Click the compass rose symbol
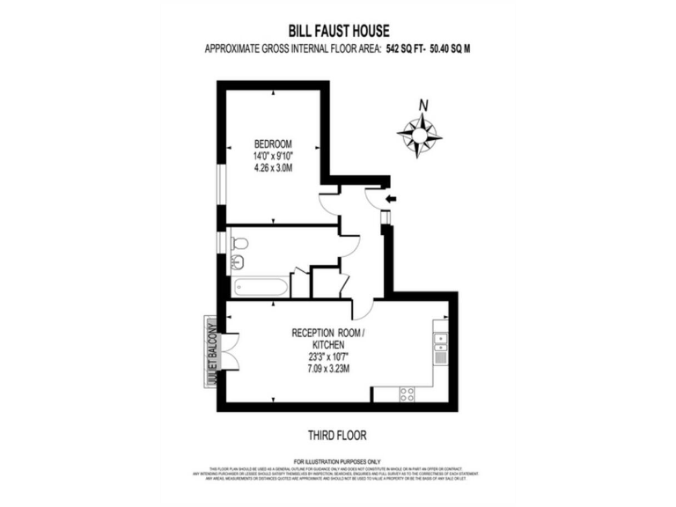pos(420,135)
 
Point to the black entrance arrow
pos(390,199)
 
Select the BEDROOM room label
pos(273,143)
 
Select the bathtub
pos(260,287)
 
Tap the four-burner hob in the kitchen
pos(408,393)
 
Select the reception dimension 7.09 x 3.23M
pos(329,370)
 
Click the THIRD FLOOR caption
pos(337,435)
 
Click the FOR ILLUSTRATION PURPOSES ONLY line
pos(337,461)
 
